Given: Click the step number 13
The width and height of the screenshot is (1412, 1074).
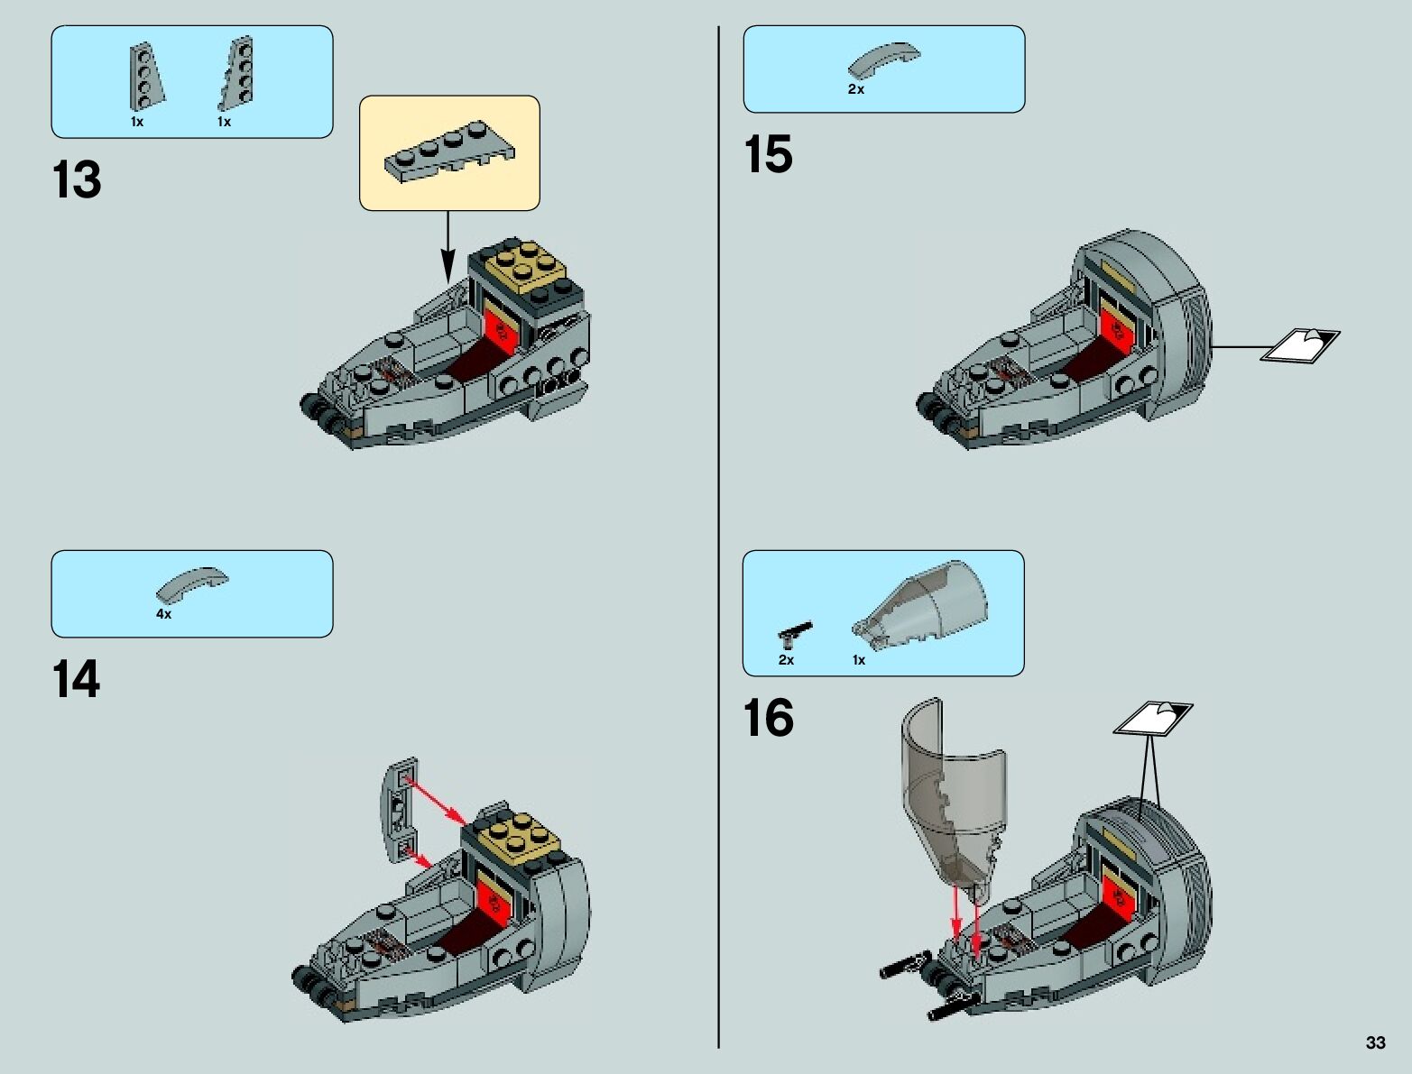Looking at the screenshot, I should (78, 180).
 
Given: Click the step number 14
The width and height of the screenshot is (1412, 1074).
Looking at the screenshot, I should (77, 680).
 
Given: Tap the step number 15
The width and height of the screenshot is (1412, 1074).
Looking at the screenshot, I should (769, 154).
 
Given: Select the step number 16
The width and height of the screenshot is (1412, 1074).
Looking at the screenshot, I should (769, 719).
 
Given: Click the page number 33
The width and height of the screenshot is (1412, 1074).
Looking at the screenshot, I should (1375, 1043).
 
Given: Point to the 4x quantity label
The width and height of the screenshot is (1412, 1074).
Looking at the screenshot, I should (163, 613).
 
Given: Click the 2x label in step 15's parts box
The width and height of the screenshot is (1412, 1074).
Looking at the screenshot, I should (855, 89).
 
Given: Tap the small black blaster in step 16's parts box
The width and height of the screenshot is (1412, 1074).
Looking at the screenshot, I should (795, 632).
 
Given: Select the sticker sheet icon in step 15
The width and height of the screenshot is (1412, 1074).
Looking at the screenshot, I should (1298, 345).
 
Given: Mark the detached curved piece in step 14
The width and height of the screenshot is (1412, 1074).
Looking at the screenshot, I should (401, 810).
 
